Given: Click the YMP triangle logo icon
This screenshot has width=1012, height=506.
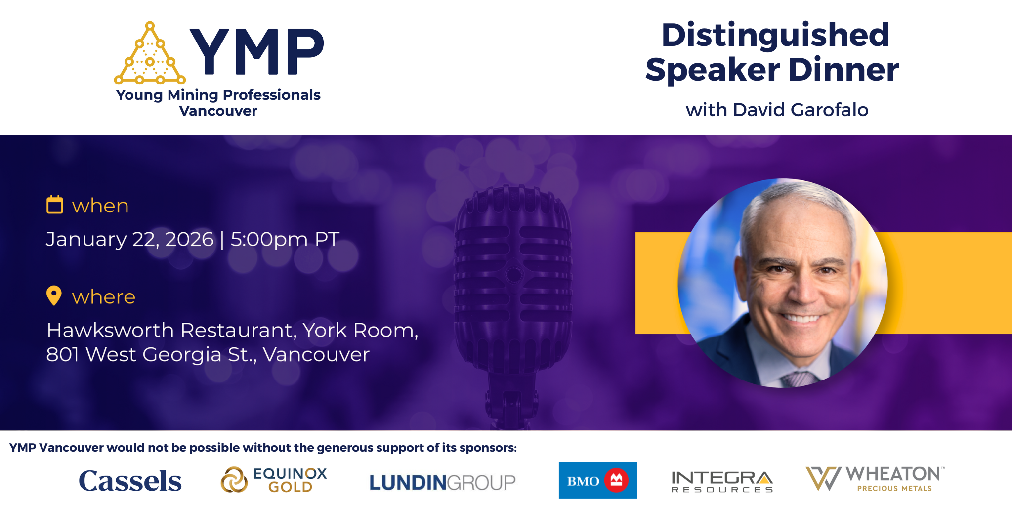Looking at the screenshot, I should pos(150,55).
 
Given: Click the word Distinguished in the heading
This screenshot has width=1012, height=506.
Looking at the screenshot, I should pos(775,35).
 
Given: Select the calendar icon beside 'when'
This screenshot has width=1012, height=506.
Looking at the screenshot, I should pos(55,205).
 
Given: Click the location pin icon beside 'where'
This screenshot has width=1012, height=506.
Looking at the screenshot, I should pos(54,295).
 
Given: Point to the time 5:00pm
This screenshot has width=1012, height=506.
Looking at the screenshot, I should pos(269,239).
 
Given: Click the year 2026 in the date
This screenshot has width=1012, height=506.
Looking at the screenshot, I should pos(189,239).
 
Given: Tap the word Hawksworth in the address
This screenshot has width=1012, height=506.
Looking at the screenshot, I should pos(110,330).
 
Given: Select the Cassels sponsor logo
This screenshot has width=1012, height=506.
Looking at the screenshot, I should pos(130,481).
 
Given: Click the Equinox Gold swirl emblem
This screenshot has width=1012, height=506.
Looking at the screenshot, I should pos(234,480).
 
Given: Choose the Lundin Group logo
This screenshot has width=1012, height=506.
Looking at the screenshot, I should pos(442,482).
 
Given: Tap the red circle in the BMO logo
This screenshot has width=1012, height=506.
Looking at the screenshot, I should pos(616,480).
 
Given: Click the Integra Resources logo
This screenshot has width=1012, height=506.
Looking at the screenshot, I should pos(722,481).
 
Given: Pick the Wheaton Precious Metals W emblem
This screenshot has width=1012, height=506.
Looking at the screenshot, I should pos(823,478).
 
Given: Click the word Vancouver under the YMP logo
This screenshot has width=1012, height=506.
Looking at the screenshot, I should pos(218,111).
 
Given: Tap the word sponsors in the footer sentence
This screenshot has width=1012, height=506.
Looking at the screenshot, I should pos(487,448).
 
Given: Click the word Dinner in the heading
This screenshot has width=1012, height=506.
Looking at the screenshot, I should pos(843,70).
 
